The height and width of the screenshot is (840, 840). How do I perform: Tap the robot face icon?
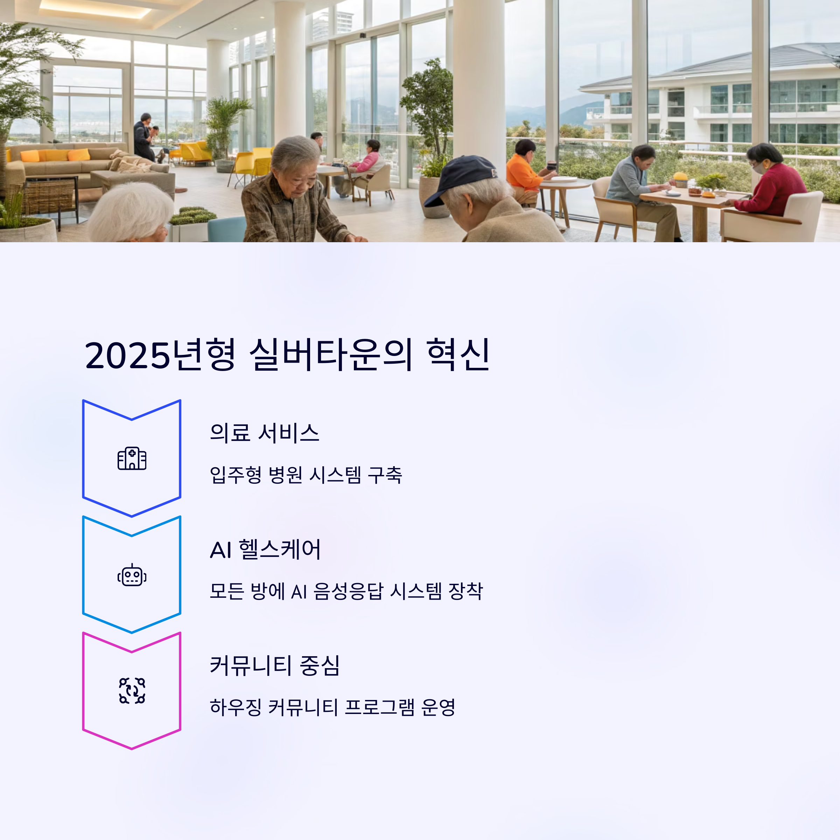[x=132, y=575]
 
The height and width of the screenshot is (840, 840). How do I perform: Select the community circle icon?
[x=132, y=691]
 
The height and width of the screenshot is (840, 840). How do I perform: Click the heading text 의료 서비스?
[x=264, y=433]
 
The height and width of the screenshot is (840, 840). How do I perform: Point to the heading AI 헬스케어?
[x=265, y=549]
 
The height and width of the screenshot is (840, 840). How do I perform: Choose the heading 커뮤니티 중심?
[x=274, y=665]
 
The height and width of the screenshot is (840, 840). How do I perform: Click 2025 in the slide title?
[x=127, y=356]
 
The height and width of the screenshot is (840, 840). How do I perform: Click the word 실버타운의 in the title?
[x=330, y=354]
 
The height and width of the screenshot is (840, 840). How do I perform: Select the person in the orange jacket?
[x=527, y=172]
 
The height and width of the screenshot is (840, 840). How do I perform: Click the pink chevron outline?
[x=132, y=691]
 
